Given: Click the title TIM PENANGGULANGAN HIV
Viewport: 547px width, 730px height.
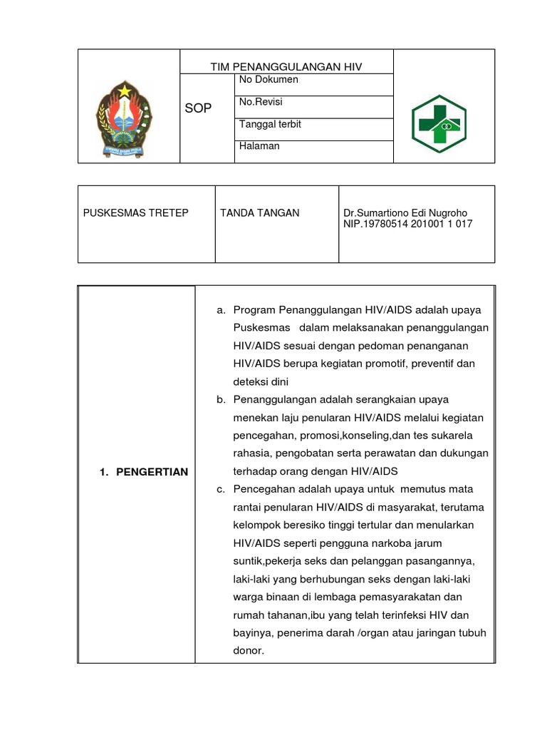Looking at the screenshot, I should [286, 66].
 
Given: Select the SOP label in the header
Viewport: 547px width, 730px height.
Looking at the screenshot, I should [199, 108].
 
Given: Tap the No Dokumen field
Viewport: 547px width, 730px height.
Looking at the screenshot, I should [269, 80].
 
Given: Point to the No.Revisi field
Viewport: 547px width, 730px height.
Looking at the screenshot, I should [261, 102].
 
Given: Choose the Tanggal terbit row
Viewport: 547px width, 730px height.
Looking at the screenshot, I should [270, 124].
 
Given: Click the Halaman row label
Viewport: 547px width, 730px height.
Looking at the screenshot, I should [259, 146].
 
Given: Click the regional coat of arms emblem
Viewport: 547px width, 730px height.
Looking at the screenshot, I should [125, 117].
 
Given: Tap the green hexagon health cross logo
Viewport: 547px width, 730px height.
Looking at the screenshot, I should [439, 120].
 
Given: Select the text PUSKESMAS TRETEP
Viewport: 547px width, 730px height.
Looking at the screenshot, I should [136, 213].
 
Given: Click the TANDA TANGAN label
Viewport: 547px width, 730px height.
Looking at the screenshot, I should [260, 213].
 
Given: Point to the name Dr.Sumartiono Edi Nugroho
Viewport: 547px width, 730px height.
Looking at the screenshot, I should [407, 213].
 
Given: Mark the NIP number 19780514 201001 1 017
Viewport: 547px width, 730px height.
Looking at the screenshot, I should [407, 224].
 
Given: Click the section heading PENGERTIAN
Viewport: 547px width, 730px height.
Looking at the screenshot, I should [143, 472].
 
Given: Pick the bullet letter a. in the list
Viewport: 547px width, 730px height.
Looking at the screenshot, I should [222, 310].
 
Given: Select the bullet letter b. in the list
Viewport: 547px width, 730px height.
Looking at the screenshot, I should [222, 400].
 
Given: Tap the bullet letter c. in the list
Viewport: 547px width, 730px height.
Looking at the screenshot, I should [222, 490].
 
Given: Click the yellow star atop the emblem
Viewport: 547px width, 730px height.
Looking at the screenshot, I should [125, 90].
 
